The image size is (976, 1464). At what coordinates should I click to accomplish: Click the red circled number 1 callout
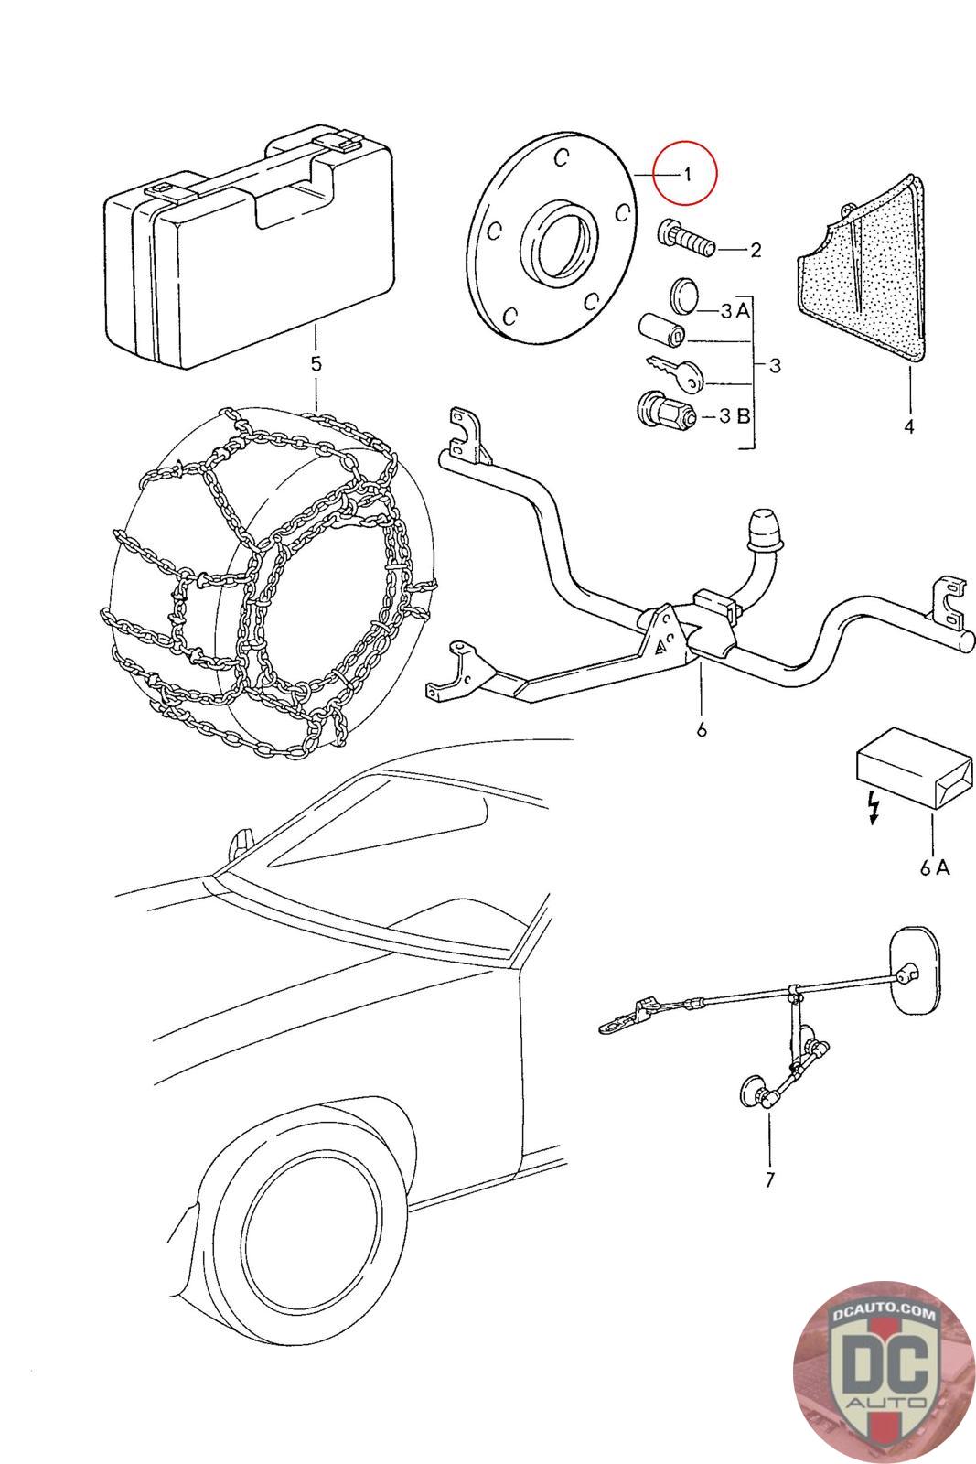687,173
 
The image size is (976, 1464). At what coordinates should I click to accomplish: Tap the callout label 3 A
735,310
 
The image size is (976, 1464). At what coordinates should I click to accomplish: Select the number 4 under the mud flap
908,426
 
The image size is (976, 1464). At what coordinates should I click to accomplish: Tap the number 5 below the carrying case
316,364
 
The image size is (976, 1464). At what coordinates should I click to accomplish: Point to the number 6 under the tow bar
701,729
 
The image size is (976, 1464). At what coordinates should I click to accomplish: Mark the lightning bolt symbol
871,806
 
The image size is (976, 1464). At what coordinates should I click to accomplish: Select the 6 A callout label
935,867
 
